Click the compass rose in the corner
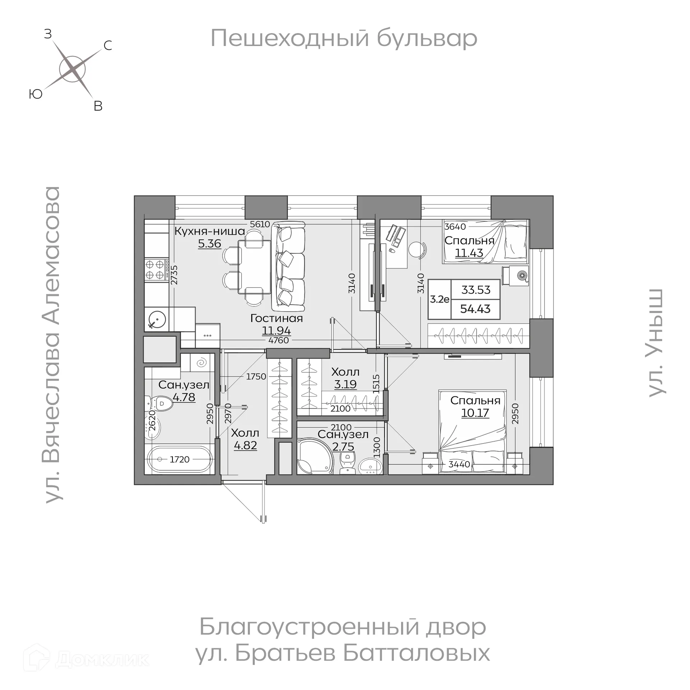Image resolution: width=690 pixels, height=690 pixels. click(x=72, y=69)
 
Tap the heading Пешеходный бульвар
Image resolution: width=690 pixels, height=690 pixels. click(x=344, y=38)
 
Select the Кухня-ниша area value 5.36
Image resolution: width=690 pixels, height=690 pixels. click(x=210, y=244)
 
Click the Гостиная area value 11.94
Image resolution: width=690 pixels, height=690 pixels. click(x=276, y=330)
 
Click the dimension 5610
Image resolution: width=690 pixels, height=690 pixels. click(x=260, y=224)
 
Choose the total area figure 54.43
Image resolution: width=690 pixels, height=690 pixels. click(x=475, y=309)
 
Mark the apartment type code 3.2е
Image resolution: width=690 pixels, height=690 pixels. click(x=440, y=299)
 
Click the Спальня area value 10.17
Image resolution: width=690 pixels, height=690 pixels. click(x=475, y=413)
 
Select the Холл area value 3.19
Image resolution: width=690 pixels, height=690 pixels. click(x=345, y=384)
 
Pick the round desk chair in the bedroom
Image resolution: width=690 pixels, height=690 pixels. click(x=418, y=249)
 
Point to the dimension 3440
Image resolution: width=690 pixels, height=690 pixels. click(x=459, y=464)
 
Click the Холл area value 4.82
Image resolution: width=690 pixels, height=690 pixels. click(x=245, y=445)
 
